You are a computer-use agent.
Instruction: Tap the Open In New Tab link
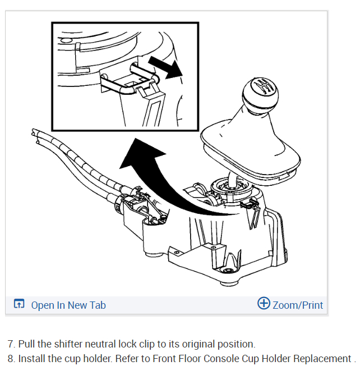coord(68,305)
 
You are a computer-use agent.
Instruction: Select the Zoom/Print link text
coord(298,305)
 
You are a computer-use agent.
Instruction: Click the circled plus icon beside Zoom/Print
coord(264,304)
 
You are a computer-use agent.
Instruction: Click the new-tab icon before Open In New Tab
coord(19,305)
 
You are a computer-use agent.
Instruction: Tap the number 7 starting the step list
coord(10,344)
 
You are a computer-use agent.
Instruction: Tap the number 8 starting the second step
coord(10,359)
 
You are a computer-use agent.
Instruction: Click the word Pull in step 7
coord(26,344)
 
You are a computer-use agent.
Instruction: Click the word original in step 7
coord(196,344)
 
